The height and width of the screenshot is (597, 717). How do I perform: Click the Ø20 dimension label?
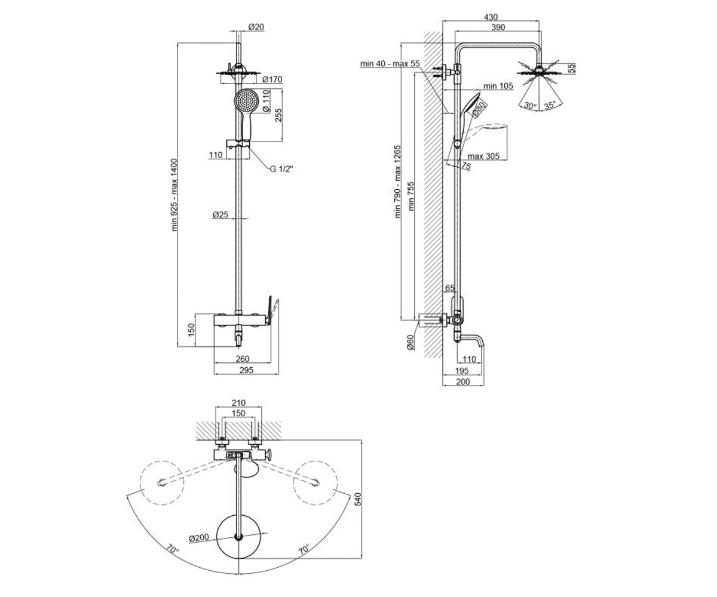pos(256,27)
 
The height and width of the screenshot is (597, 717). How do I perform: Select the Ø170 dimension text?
pos(272,79)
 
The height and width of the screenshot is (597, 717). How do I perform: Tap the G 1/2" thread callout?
pos(281,169)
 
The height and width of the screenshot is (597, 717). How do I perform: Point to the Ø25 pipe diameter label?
pos(220,214)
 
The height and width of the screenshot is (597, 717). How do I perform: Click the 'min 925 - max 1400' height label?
pos(174,195)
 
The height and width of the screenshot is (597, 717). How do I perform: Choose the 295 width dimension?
pos(246,370)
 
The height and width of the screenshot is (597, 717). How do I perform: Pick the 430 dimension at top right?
pos(491,17)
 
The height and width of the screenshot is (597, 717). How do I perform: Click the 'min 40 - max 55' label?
pos(390,64)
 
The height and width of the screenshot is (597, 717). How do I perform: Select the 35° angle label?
pos(550,105)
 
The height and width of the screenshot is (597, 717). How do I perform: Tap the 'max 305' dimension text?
pos(483,156)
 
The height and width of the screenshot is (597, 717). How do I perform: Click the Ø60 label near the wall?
pos(410,342)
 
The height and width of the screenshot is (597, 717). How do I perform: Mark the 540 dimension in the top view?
pos(358,499)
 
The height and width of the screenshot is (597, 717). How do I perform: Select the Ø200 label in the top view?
pos(199,537)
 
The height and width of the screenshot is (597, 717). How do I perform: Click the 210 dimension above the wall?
pos(238,402)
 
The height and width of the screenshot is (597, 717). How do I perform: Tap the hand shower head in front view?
pos(246,100)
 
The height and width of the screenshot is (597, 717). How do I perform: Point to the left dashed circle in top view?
pos(162,483)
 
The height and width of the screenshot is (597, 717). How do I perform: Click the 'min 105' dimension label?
pos(498,86)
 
